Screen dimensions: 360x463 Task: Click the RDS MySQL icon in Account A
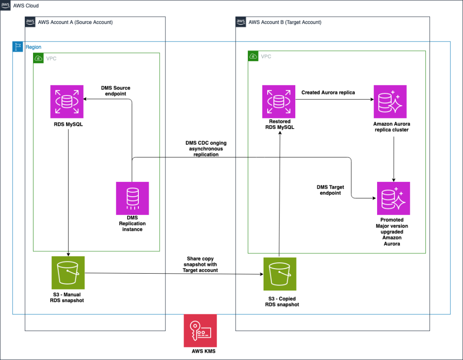pos(67,101)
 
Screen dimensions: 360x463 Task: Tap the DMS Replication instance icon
pos(132,198)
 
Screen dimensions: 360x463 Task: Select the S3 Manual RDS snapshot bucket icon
pos(68,273)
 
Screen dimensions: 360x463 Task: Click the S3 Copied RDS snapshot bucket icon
pos(280,274)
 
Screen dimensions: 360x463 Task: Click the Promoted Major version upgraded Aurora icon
pos(393,198)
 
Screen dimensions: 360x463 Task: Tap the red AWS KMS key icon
pos(200,331)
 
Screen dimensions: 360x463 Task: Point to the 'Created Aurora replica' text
pos(328,93)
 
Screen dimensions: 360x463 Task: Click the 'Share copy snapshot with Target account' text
pos(200,264)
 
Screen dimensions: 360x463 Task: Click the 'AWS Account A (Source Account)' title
pos(75,22)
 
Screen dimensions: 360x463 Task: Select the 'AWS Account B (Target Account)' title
pos(285,22)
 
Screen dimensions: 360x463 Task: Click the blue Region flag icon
pos(18,47)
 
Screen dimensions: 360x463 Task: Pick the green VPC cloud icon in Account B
pos(254,57)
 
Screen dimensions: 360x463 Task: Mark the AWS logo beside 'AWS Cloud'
pos(6,5)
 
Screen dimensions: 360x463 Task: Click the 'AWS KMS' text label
pos(200,352)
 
